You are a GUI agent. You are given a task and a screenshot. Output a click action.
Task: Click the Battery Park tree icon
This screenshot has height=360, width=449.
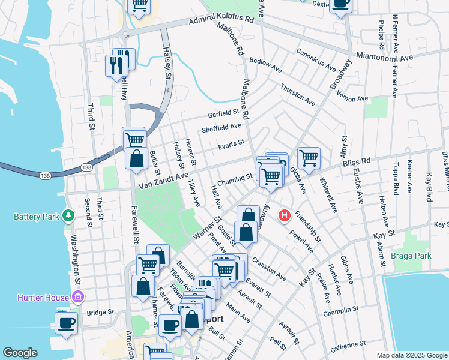click(70, 215)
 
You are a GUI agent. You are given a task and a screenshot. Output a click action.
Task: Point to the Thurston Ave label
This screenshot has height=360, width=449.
click(297, 94)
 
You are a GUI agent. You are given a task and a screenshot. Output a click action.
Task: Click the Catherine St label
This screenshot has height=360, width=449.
click(348, 346)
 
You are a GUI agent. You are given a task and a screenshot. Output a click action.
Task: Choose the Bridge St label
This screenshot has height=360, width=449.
click(100, 313)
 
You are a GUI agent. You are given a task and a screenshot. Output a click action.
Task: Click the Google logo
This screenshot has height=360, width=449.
click(20, 353)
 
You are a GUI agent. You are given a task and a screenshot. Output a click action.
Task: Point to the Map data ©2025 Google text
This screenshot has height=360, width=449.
click(411, 355)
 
